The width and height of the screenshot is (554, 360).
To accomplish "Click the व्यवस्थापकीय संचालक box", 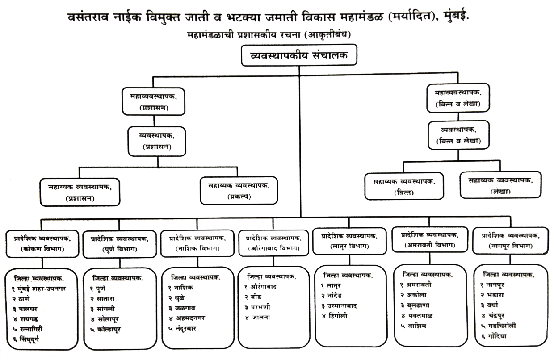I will (x=299, y=57).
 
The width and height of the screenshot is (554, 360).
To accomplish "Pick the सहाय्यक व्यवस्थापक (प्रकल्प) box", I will (x=239, y=189).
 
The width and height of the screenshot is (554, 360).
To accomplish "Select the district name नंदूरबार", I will (x=185, y=328).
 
